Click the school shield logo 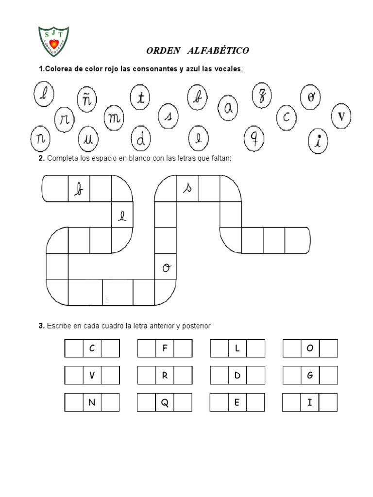pyautogui.click(x=53, y=41)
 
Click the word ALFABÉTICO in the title pyautogui.click(x=218, y=50)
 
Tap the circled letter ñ pyautogui.click(x=87, y=99)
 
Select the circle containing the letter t pyautogui.click(x=140, y=97)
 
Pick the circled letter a pyautogui.click(x=228, y=108)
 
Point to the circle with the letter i pyautogui.click(x=318, y=141)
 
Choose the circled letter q pyautogui.click(x=254, y=138)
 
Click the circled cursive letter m pyautogui.click(x=114, y=118)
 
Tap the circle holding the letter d pyautogui.click(x=141, y=138)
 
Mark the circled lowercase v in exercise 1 pyautogui.click(x=341, y=116)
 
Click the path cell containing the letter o pyautogui.click(x=165, y=266)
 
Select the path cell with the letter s pyautogui.click(x=187, y=188)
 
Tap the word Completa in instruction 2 pyautogui.click(x=63, y=158)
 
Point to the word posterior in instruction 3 pyautogui.click(x=196, y=326)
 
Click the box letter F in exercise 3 pyautogui.click(x=165, y=348)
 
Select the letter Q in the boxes pyautogui.click(x=165, y=402)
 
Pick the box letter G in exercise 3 pyautogui.click(x=310, y=375)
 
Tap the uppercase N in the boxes pyautogui.click(x=92, y=402)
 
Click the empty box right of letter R pyautogui.click(x=183, y=375)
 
